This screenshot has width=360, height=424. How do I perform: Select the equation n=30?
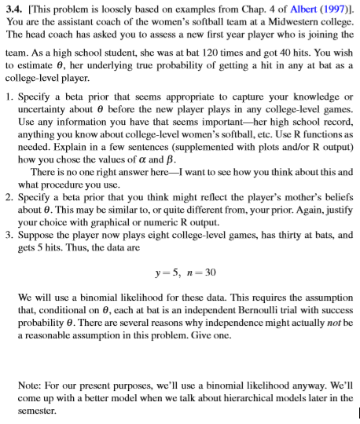(x=201, y=272)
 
